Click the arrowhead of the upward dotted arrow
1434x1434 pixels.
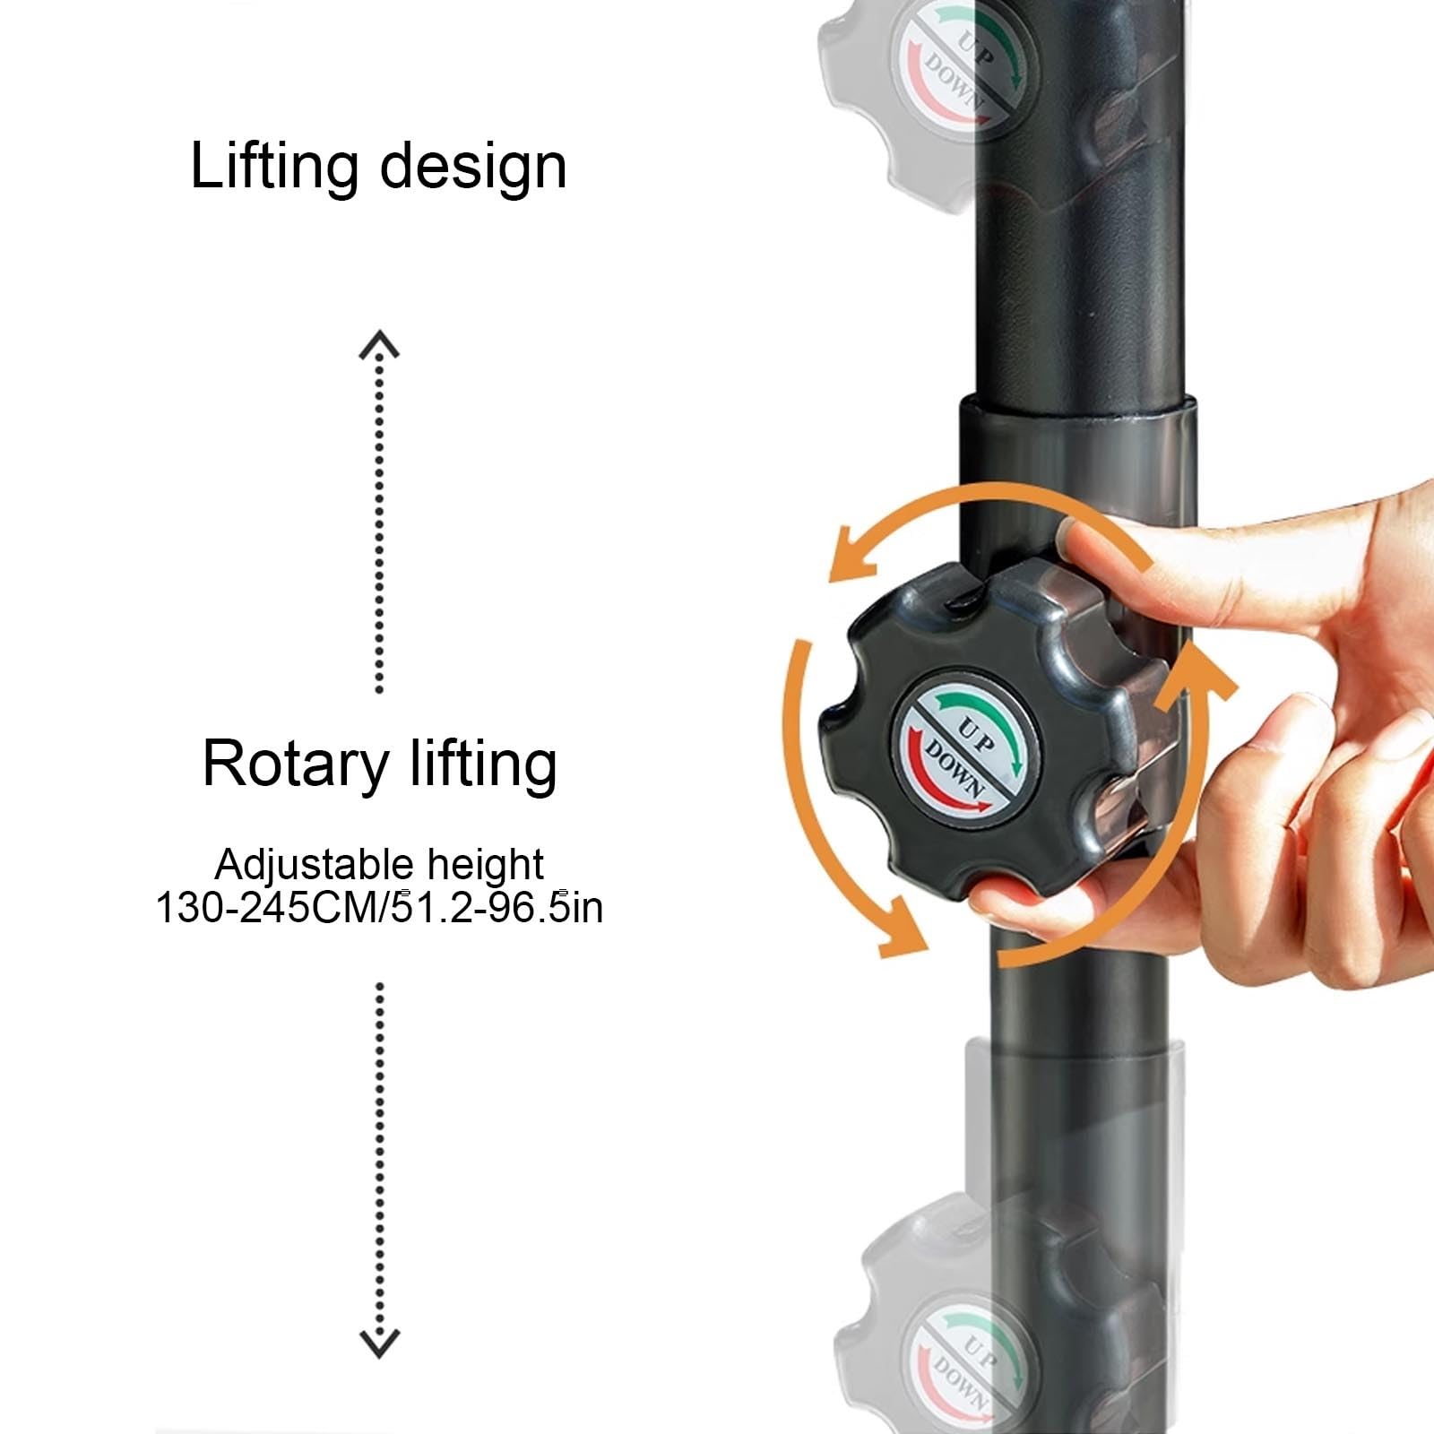coord(379,344)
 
